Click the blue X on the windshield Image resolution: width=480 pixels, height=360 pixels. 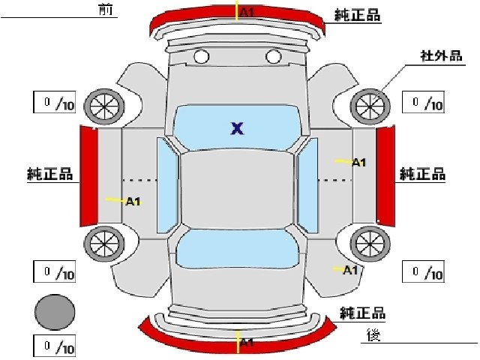point(237,128)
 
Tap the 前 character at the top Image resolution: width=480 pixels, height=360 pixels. point(106,9)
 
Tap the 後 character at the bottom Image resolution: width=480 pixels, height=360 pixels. point(373,335)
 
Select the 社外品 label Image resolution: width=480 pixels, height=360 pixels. point(441,56)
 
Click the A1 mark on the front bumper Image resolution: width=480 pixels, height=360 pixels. point(247,12)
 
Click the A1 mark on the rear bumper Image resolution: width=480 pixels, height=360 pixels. point(247,342)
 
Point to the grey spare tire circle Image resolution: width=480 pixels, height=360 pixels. point(55,312)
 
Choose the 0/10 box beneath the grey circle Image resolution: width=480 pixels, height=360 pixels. point(55,346)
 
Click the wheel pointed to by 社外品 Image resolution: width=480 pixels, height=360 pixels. point(370,106)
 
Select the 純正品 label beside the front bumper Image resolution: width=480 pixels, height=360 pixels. point(357,15)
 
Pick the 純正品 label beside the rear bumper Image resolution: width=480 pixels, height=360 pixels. point(362,313)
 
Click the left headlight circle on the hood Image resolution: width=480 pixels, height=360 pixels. point(202,56)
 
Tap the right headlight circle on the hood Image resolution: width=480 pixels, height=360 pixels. point(273,56)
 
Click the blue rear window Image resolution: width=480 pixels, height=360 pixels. point(237,248)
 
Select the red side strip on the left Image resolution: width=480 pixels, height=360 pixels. point(88,176)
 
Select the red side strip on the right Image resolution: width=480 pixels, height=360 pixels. point(385,176)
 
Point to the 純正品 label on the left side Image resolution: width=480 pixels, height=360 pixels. point(50,173)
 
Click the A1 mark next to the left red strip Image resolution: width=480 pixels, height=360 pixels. point(133,202)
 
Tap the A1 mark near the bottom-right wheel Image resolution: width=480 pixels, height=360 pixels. point(350,270)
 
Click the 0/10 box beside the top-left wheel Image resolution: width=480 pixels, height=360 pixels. point(55,102)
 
